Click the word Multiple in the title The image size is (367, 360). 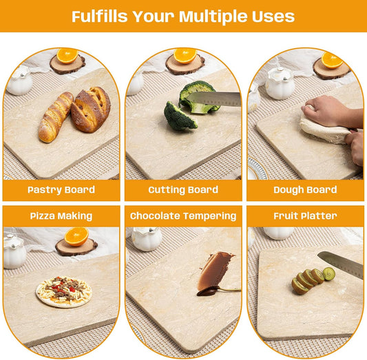(x=213, y=17)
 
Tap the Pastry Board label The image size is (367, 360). (x=61, y=190)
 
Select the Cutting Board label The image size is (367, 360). (x=183, y=190)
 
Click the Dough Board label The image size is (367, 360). (x=305, y=190)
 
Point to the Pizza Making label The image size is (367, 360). (x=61, y=216)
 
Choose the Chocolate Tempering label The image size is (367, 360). (x=183, y=216)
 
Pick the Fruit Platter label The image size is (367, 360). (x=305, y=215)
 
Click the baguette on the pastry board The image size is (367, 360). (x=56, y=117)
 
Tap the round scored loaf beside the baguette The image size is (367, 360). (x=91, y=109)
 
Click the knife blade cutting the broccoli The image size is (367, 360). (x=214, y=99)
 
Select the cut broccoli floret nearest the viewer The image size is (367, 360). (x=180, y=116)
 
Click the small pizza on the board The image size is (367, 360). (x=64, y=291)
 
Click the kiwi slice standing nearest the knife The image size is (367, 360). (x=328, y=274)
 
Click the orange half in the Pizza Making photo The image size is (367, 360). (x=76, y=237)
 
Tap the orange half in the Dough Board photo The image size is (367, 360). (x=332, y=61)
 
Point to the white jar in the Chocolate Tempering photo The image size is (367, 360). (x=147, y=239)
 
